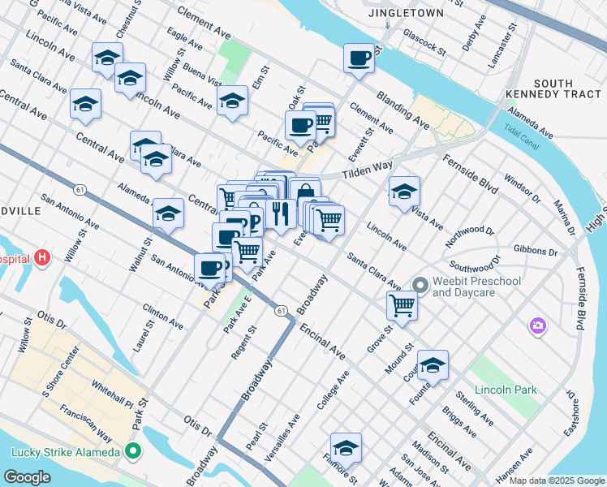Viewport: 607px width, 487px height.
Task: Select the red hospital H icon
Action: (42, 259)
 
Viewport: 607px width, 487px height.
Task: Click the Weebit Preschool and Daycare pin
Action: (420, 285)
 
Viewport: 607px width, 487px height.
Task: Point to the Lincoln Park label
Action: (506, 390)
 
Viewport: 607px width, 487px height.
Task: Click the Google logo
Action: (27, 476)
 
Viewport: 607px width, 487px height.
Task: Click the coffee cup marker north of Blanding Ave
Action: (359, 58)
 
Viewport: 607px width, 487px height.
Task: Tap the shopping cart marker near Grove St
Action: (402, 305)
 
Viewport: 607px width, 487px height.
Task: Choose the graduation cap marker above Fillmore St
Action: (346, 447)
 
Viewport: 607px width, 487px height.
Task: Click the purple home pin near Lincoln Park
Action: (537, 325)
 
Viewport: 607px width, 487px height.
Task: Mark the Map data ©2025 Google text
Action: (557, 481)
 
